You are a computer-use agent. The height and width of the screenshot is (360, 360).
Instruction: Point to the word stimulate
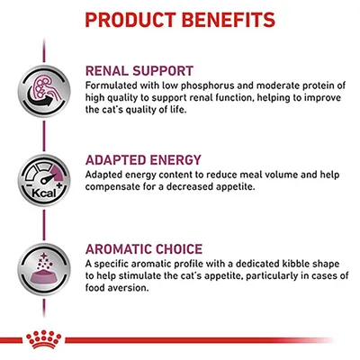click(x=148, y=275)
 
